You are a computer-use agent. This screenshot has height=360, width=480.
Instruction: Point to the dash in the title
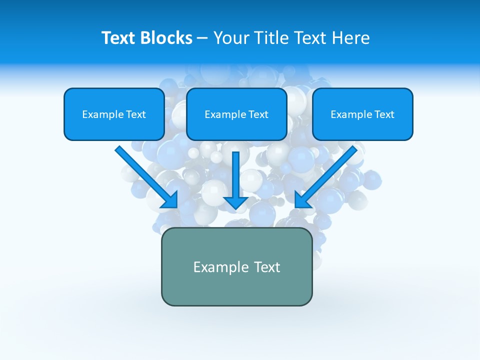[x=202, y=38]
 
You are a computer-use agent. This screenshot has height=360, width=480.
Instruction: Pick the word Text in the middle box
[x=258, y=114]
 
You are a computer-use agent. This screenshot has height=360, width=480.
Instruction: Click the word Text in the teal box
[x=267, y=267]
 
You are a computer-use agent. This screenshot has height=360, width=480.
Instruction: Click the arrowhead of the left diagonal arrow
[x=170, y=200]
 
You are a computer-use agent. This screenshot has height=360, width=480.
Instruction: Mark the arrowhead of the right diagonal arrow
[x=302, y=200]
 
